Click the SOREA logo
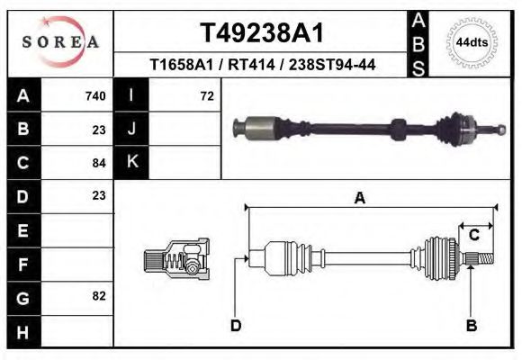point(60,41)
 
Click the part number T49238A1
point(262,33)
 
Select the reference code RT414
point(251,65)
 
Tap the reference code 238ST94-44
point(332,65)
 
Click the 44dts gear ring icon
point(472,42)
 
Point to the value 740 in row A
point(95,96)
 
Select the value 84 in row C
point(99,163)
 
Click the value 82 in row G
point(99,296)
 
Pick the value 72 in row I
point(207,96)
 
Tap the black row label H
point(23,332)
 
